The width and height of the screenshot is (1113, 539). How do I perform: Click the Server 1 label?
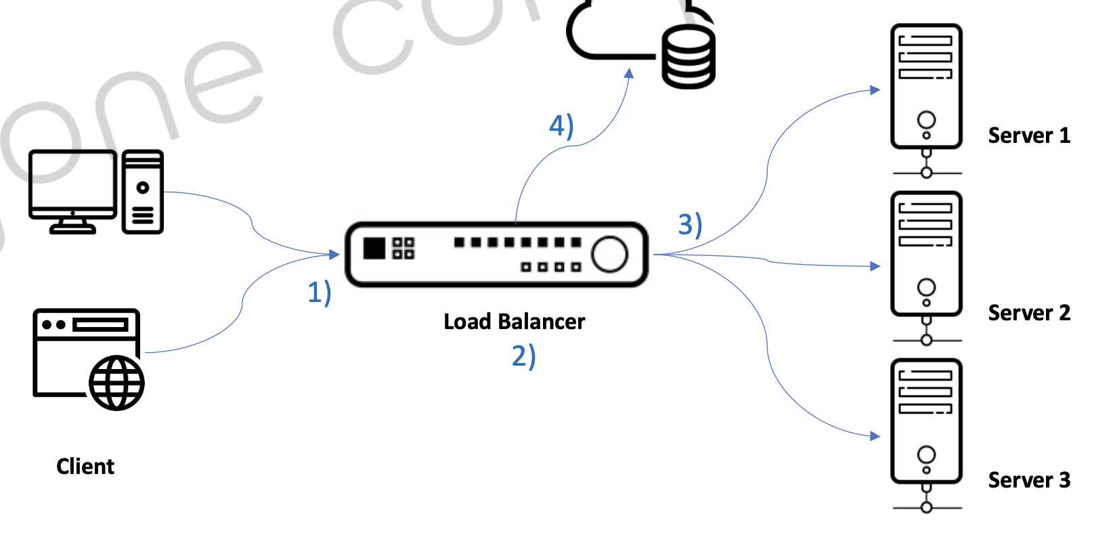coord(1028,135)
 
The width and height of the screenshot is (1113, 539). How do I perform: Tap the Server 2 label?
coord(1028,313)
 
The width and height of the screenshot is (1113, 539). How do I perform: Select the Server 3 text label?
coord(1028,480)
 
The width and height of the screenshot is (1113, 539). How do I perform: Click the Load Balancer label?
coord(514,322)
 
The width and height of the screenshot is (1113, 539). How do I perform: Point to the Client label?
coord(85,467)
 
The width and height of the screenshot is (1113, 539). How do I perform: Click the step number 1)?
coord(319,293)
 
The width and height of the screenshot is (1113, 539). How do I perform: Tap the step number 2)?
coord(523,356)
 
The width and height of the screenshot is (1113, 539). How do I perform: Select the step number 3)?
coord(690,225)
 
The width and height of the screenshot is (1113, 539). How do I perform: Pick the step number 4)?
coord(561,126)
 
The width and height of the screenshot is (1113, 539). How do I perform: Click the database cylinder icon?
coord(689,57)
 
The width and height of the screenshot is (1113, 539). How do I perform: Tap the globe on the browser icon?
coord(116,383)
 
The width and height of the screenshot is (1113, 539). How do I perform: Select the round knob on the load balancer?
coord(609,254)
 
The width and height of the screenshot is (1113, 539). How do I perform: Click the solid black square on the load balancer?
coord(374,249)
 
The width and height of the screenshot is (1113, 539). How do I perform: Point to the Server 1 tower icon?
coord(926,87)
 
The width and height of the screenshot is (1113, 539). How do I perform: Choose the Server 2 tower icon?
coord(926,254)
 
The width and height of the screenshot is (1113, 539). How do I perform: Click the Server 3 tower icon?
coord(926,421)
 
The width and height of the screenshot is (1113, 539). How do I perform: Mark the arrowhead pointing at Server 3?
coord(875,436)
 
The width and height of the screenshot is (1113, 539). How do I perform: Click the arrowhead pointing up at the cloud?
coord(629,73)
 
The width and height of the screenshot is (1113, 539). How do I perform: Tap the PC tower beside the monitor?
coord(143,192)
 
